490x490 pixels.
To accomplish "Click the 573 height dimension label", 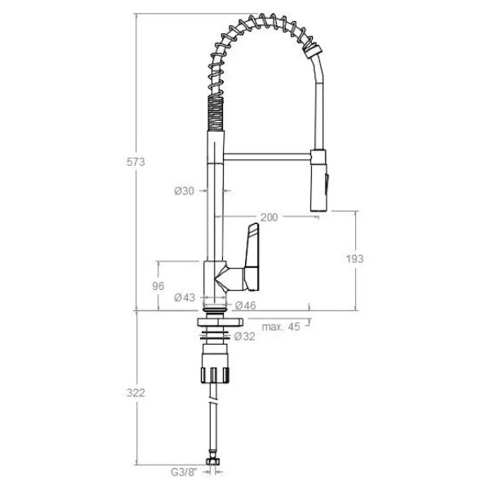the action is (x=136, y=162).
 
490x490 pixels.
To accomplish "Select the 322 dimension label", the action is (x=136, y=393).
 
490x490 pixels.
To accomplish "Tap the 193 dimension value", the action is (x=354, y=259).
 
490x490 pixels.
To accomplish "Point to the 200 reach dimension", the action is (x=269, y=217).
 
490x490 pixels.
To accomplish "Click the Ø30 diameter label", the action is (x=184, y=190).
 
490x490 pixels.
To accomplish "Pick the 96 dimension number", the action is (x=158, y=286).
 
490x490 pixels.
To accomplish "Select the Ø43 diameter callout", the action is (x=185, y=297).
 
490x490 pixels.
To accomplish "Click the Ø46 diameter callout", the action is (x=245, y=305).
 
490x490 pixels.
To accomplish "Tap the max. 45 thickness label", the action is (x=281, y=327).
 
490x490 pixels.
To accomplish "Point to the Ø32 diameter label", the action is (x=245, y=336).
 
